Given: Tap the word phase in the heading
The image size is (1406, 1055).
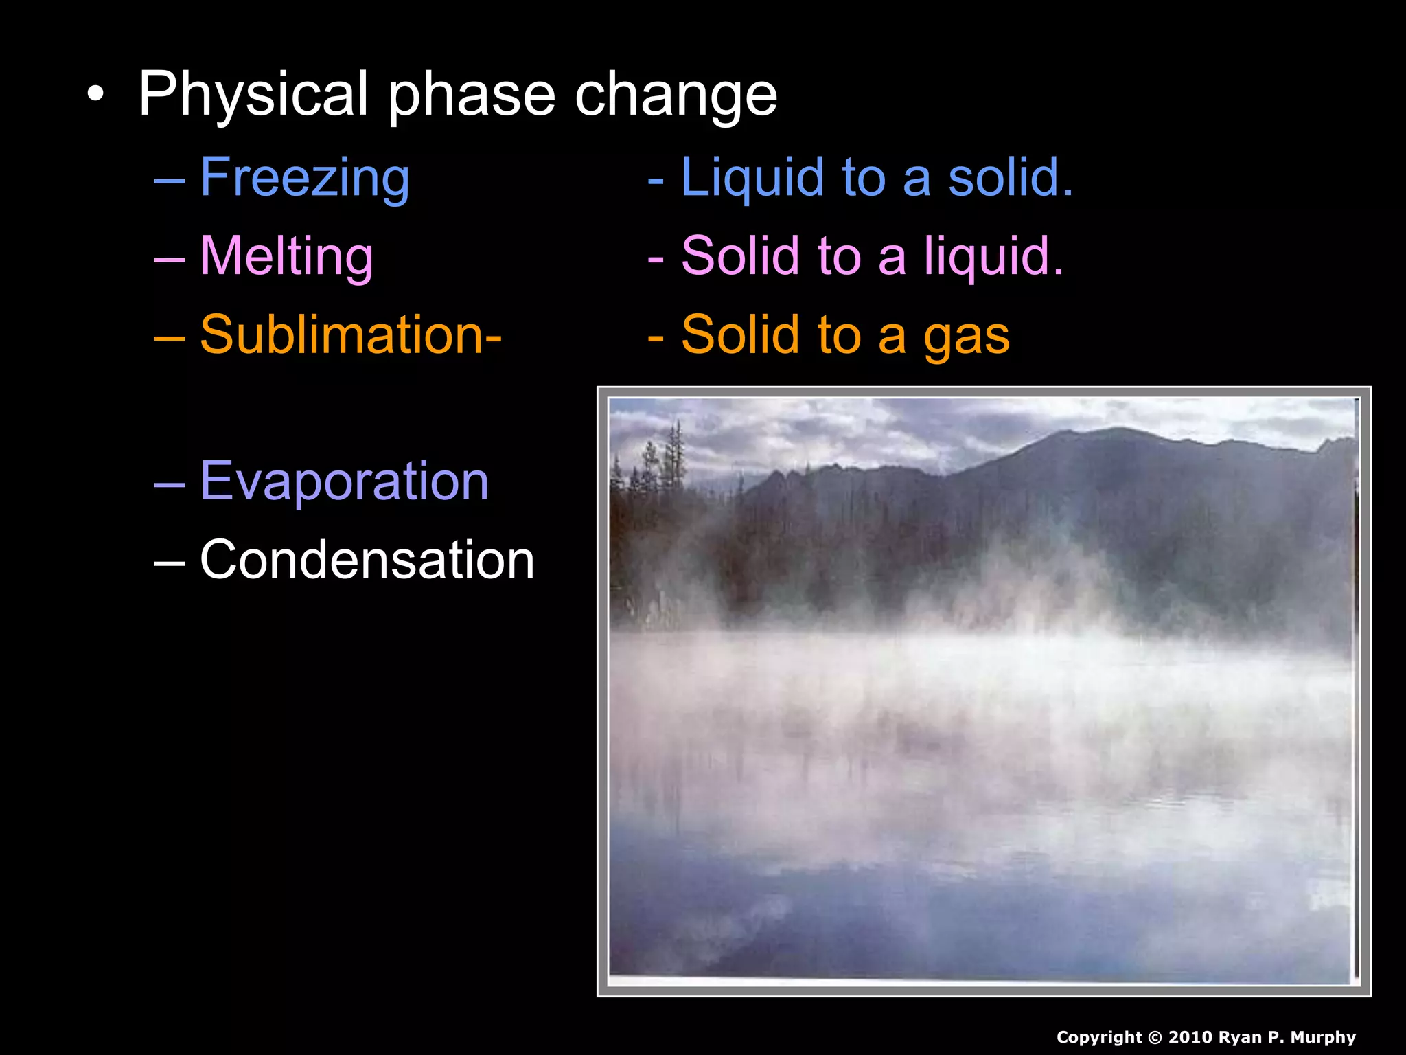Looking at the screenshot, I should point(472,96).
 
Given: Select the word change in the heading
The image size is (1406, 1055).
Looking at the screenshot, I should point(676,96).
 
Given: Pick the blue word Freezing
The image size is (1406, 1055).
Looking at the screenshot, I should point(305,178).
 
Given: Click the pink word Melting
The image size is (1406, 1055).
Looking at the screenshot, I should point(286,256).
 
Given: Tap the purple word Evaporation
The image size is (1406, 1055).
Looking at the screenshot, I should point(344,481).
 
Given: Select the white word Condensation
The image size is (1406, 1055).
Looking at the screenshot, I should point(367,560).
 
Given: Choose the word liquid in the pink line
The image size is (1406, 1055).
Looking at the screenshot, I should point(993,256).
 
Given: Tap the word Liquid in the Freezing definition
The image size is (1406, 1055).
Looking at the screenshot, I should point(752,178).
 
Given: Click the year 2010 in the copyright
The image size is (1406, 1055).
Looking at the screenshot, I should point(1190,1037).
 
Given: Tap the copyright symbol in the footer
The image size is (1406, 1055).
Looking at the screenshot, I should point(1155,1038).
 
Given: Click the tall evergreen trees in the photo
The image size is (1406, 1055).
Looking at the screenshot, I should point(676,453).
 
